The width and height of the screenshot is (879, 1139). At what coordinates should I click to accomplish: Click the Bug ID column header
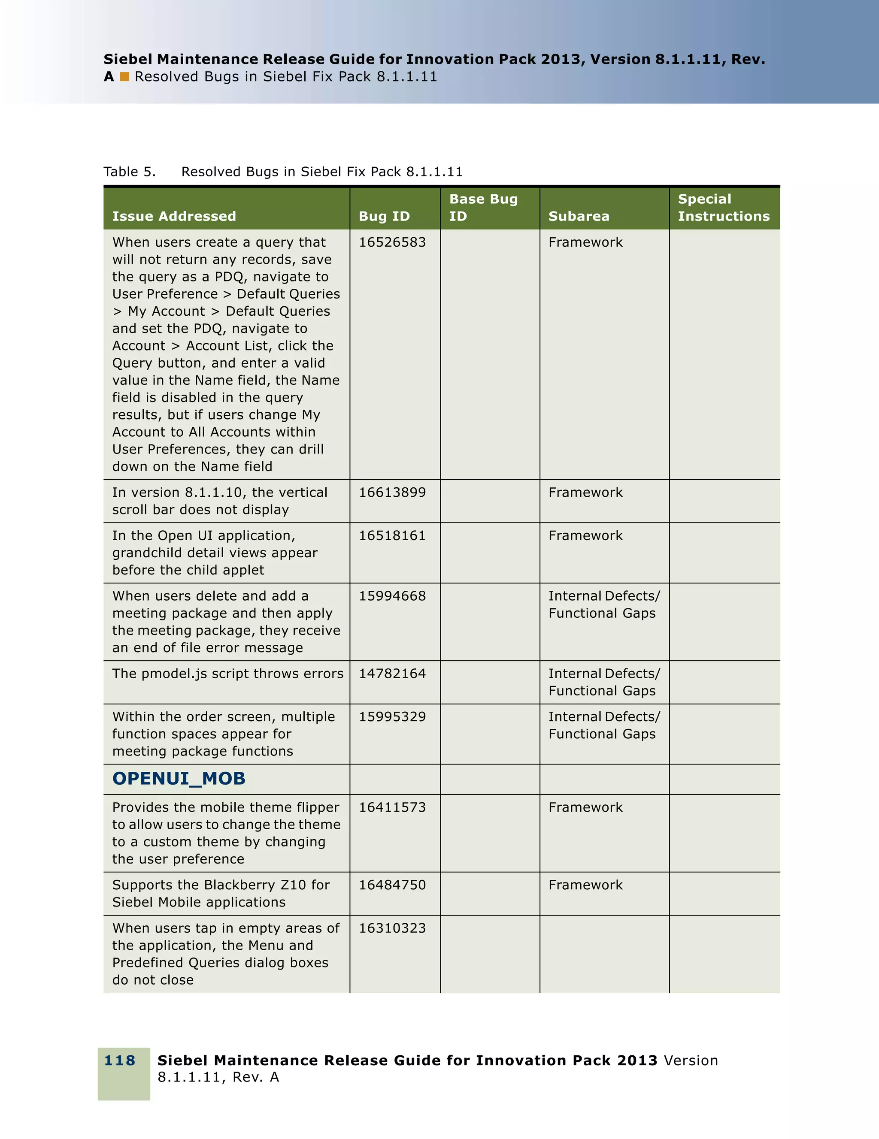384,216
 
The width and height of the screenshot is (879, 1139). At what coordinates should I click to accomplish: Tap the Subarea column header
579,216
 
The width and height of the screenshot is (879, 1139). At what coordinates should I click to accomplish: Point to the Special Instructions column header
723,208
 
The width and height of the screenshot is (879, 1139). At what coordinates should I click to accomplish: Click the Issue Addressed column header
174,216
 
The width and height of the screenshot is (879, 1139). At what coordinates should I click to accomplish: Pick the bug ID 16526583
392,242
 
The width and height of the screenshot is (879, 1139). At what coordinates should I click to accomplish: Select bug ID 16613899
392,492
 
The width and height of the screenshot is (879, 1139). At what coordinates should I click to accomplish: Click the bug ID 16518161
392,535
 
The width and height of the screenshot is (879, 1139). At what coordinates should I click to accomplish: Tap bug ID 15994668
392,596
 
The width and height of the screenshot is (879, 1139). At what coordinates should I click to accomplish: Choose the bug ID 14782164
392,674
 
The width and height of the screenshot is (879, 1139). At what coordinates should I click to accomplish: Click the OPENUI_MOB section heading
179,778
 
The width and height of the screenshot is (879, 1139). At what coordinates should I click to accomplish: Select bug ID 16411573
392,807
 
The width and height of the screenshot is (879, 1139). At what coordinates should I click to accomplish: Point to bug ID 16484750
392,885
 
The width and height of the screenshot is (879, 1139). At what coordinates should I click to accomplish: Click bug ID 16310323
392,928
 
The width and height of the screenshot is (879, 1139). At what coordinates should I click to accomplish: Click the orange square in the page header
124,77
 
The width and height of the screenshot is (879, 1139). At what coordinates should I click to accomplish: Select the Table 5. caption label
129,172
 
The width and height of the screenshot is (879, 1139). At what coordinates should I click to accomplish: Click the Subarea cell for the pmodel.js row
603,682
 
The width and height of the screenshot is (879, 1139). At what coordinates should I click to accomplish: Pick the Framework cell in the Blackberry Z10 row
585,885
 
